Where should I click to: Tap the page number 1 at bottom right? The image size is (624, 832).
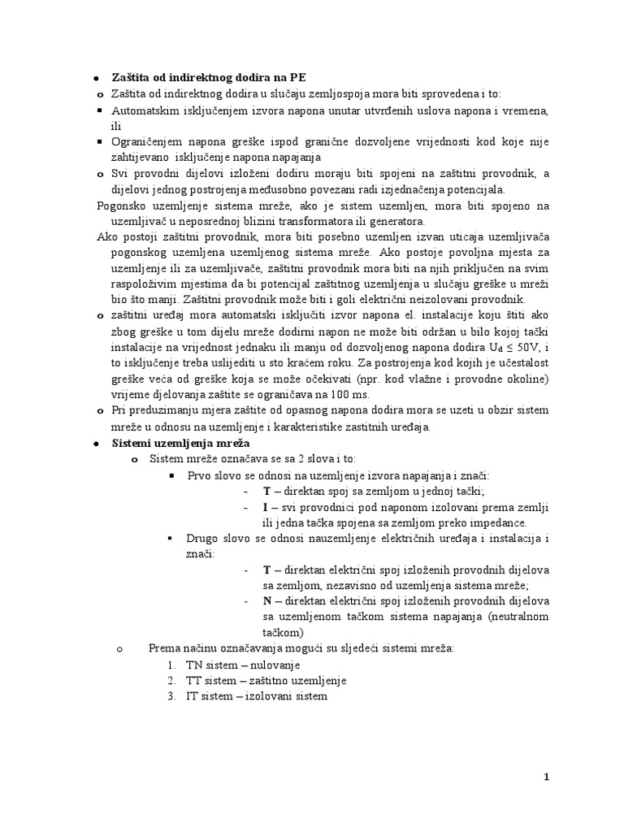coord(547,777)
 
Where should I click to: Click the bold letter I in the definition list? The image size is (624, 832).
coord(266,507)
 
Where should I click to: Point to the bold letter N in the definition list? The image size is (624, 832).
coord(266,601)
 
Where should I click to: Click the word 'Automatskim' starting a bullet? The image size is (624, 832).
coord(143,110)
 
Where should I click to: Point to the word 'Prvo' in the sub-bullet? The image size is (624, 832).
coord(199,475)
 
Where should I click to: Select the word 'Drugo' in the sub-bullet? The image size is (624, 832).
coord(202,539)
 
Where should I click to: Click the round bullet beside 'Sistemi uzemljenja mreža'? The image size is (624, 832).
coord(95,443)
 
